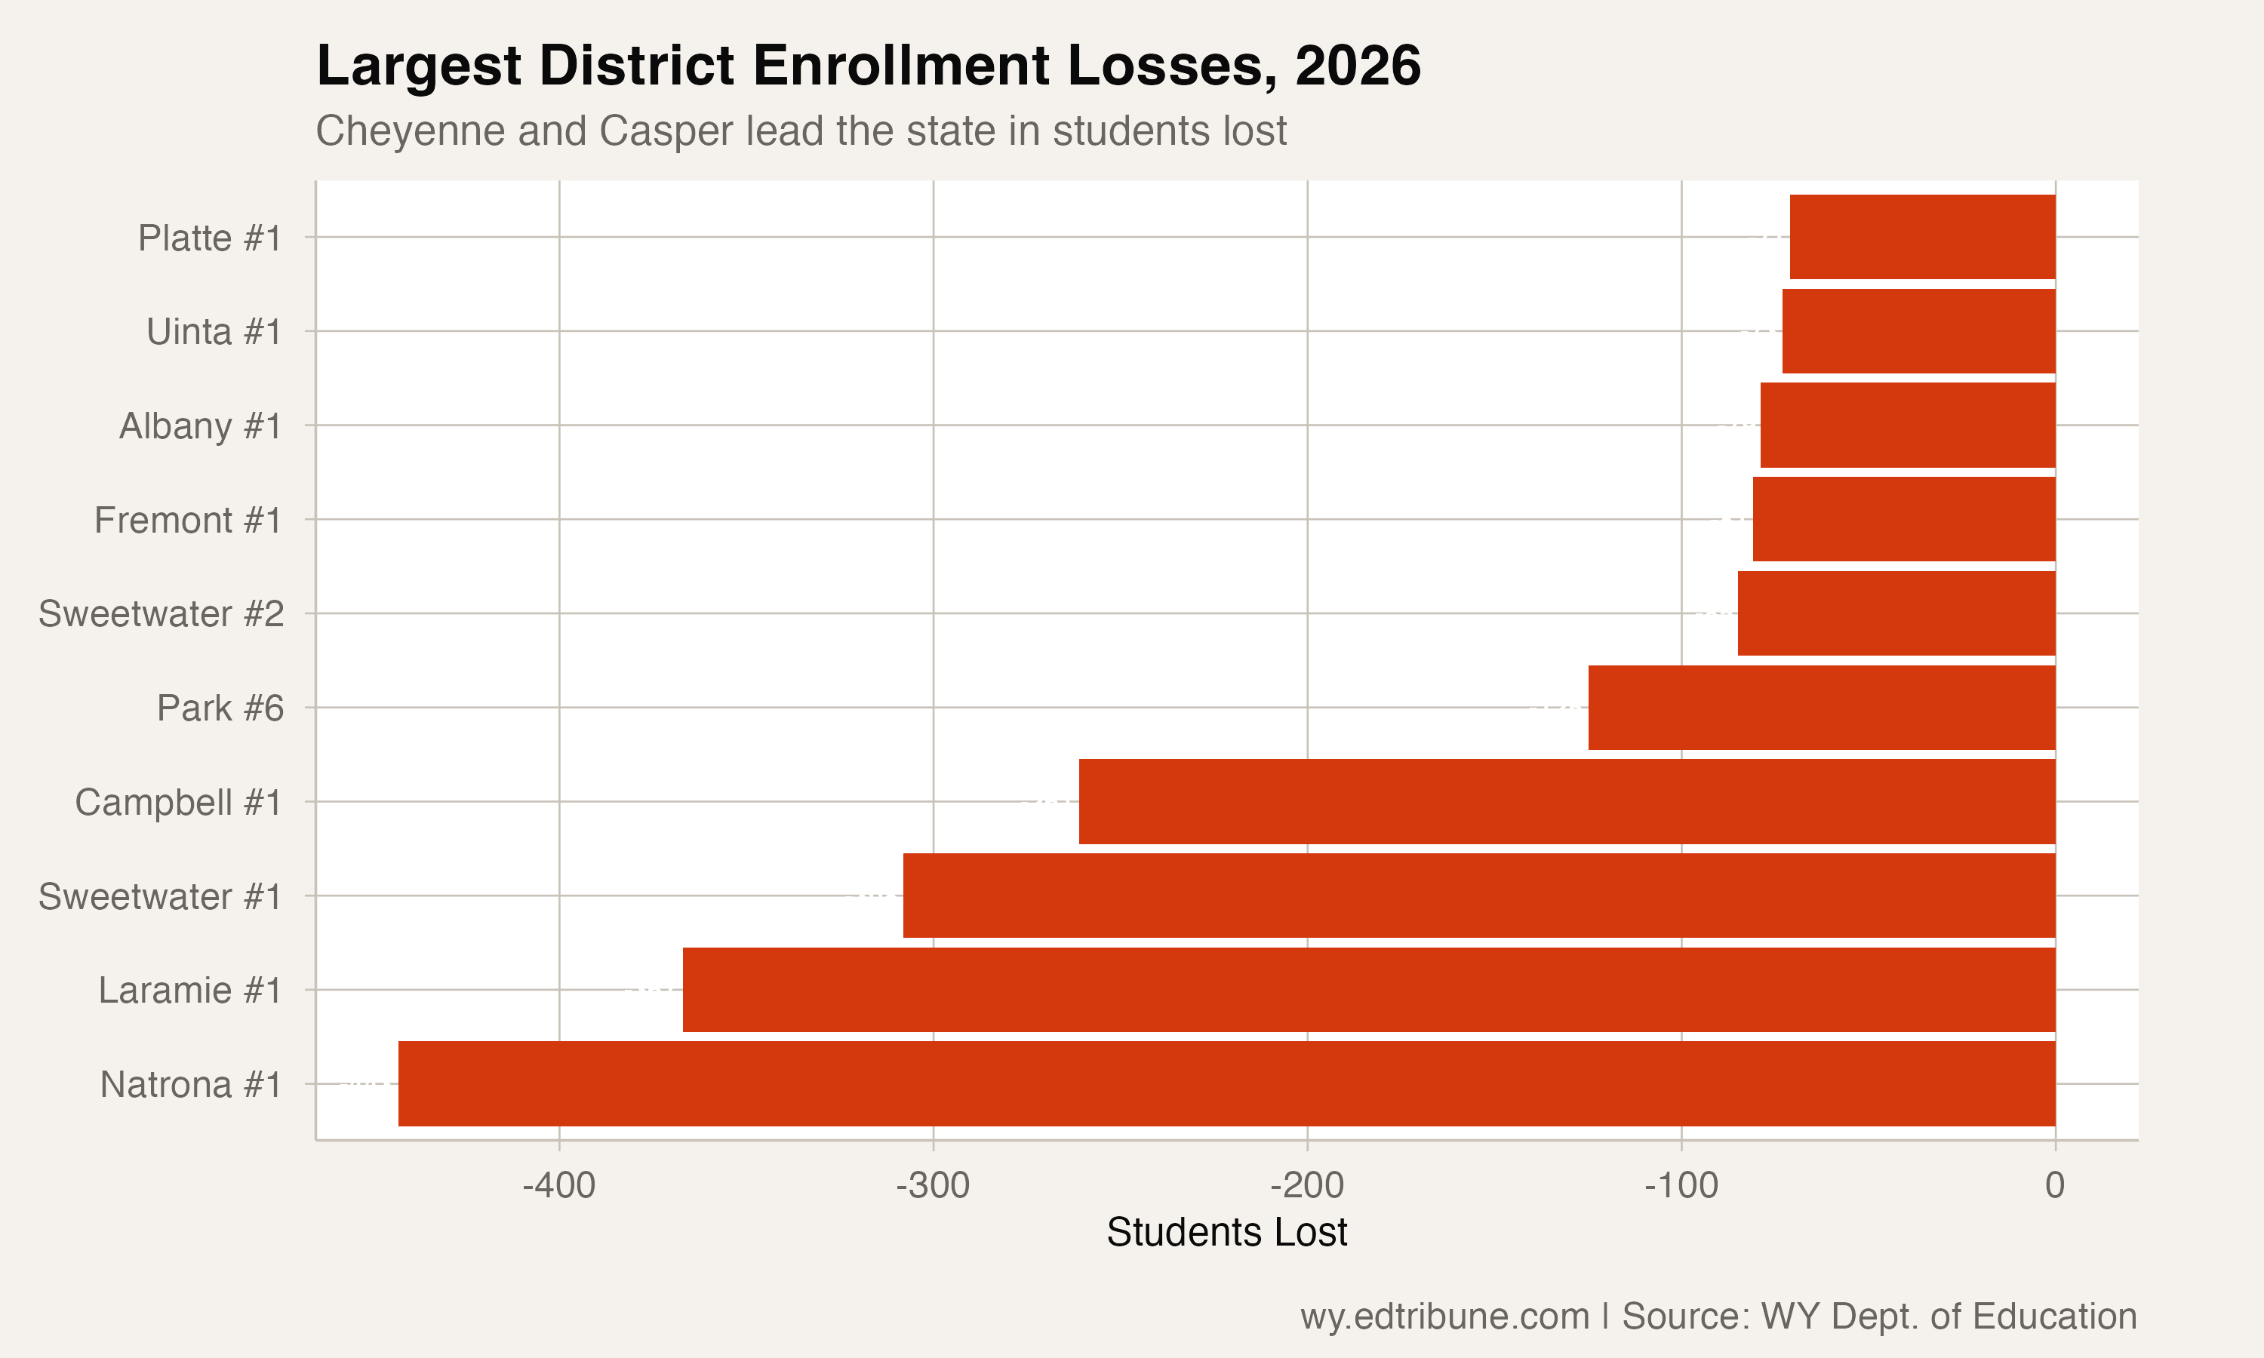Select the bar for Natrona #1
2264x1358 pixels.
[1226, 1083]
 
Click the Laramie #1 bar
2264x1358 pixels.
[1369, 989]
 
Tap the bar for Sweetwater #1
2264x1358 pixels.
[1479, 895]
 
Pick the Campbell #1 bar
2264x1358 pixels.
[1567, 802]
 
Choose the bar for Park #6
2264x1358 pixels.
[1821, 708]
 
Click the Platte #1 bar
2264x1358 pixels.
[1921, 237]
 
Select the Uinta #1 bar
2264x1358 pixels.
[1918, 331]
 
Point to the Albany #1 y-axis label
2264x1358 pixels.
[201, 426]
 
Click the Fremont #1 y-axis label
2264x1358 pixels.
[188, 521]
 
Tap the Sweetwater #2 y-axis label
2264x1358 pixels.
[161, 614]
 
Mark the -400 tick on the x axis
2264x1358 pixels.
[558, 1186]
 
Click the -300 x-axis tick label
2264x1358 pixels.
[933, 1186]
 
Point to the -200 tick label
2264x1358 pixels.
[1307, 1186]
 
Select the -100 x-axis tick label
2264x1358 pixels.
[1681, 1186]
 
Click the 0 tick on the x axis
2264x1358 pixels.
[2054, 1186]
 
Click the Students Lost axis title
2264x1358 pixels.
[1226, 1233]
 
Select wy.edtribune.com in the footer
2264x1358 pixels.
[1444, 1317]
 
